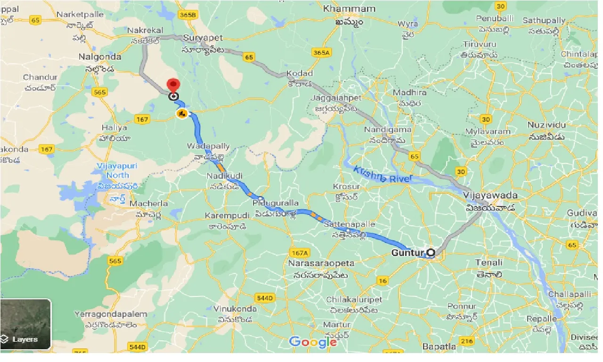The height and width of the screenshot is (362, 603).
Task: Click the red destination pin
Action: pos(174,86)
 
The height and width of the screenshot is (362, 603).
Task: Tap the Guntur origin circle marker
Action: pos(431,253)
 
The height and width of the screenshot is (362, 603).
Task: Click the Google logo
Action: pos(312,342)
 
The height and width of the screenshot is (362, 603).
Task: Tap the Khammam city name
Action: pos(350,9)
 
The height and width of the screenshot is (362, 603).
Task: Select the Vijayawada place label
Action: pos(490,195)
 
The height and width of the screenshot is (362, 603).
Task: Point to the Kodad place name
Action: pos(299,74)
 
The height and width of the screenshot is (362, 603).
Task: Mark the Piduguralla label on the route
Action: pos(276,203)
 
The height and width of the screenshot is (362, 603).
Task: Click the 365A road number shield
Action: pos(321,53)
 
